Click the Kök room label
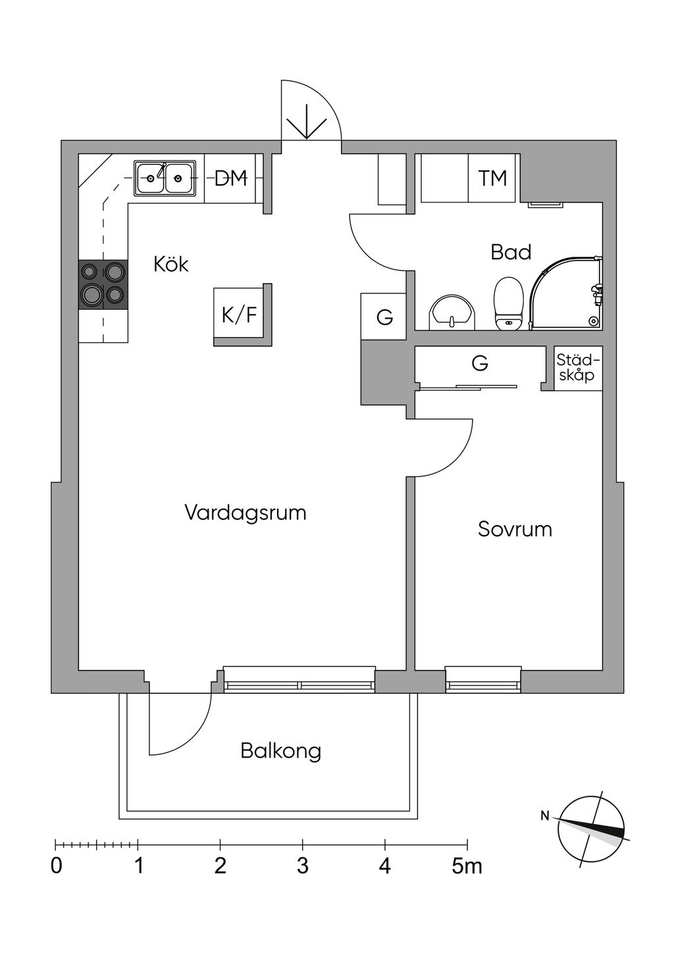point(170,265)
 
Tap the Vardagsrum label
point(246,513)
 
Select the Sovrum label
point(515,529)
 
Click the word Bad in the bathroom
point(511,252)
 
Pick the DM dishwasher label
point(230,178)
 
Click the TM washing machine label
point(492,178)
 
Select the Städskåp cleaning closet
point(578,368)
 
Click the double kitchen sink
point(165,178)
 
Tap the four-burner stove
point(103,284)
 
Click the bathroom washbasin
point(452,312)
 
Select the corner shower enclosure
point(566,293)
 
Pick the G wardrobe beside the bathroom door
point(384,317)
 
